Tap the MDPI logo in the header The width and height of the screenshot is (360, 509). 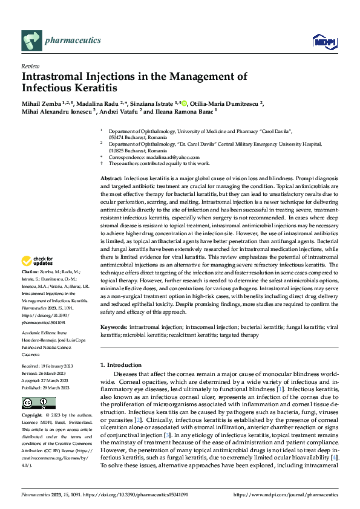tap(322, 41)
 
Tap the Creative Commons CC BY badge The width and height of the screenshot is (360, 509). tap(38, 403)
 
